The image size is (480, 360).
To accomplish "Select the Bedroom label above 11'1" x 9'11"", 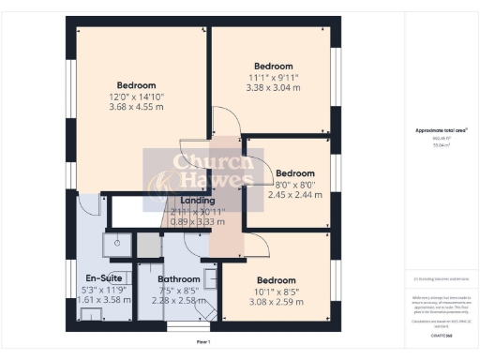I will pos(274,66).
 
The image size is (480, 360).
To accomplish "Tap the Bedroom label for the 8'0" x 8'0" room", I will pos(295,172).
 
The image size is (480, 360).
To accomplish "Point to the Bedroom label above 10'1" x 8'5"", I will pos(276,280).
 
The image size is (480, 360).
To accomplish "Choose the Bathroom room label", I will pos(178,279).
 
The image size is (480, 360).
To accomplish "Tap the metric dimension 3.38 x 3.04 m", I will pos(274,88).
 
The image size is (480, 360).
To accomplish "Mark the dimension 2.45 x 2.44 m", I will pos(295,195).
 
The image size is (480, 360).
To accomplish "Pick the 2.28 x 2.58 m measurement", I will pos(178,302).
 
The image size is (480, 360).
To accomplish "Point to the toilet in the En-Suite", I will pos(90,315).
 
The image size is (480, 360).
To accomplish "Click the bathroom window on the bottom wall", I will pos(187,327).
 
